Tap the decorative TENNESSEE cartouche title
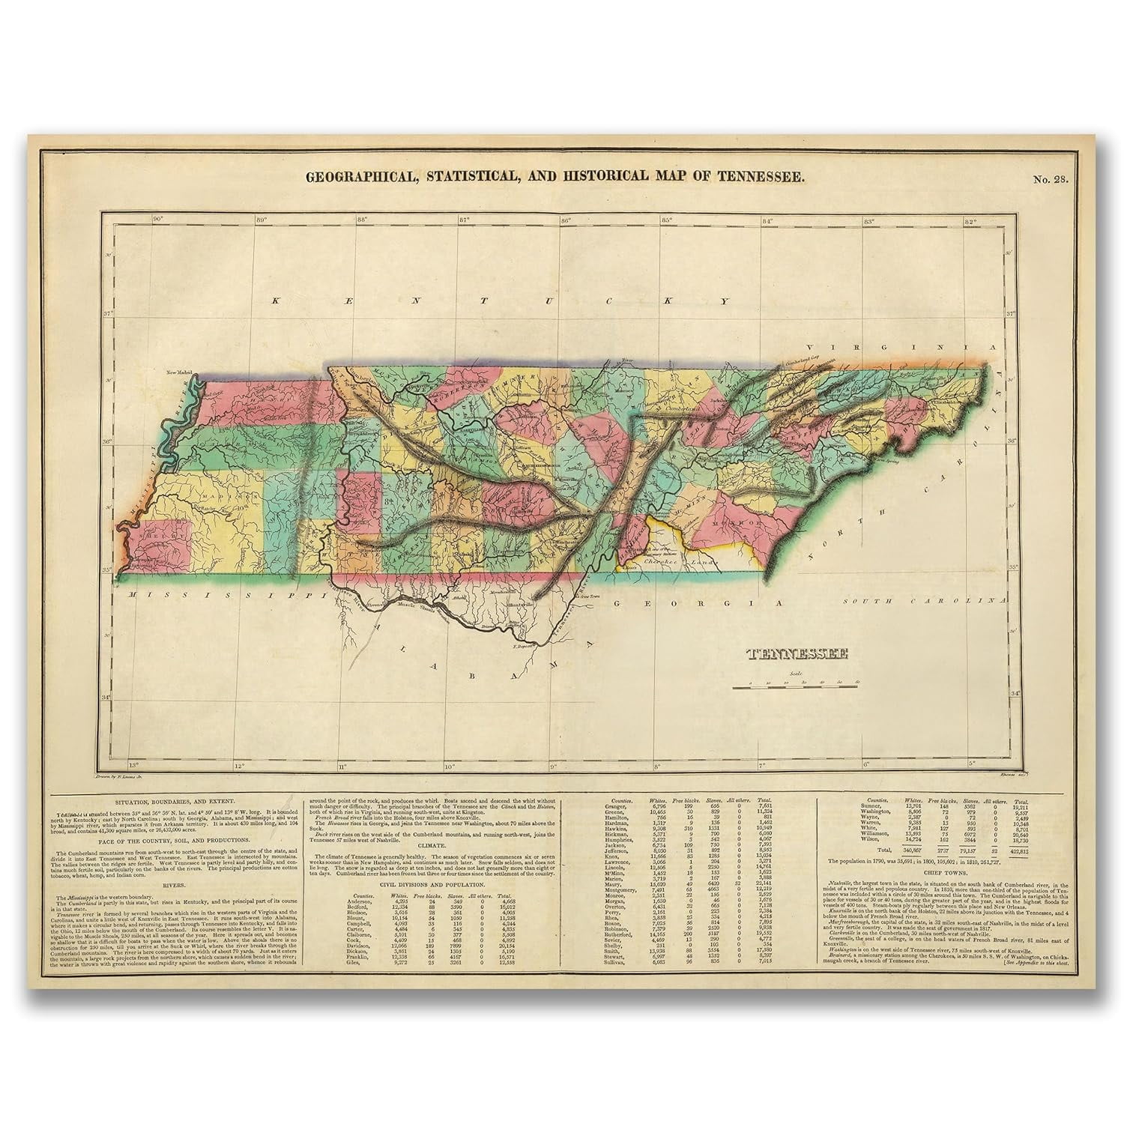pyautogui.click(x=797, y=653)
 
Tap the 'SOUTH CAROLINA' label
pyautogui.click(x=921, y=601)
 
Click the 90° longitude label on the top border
pyautogui.click(x=157, y=220)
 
